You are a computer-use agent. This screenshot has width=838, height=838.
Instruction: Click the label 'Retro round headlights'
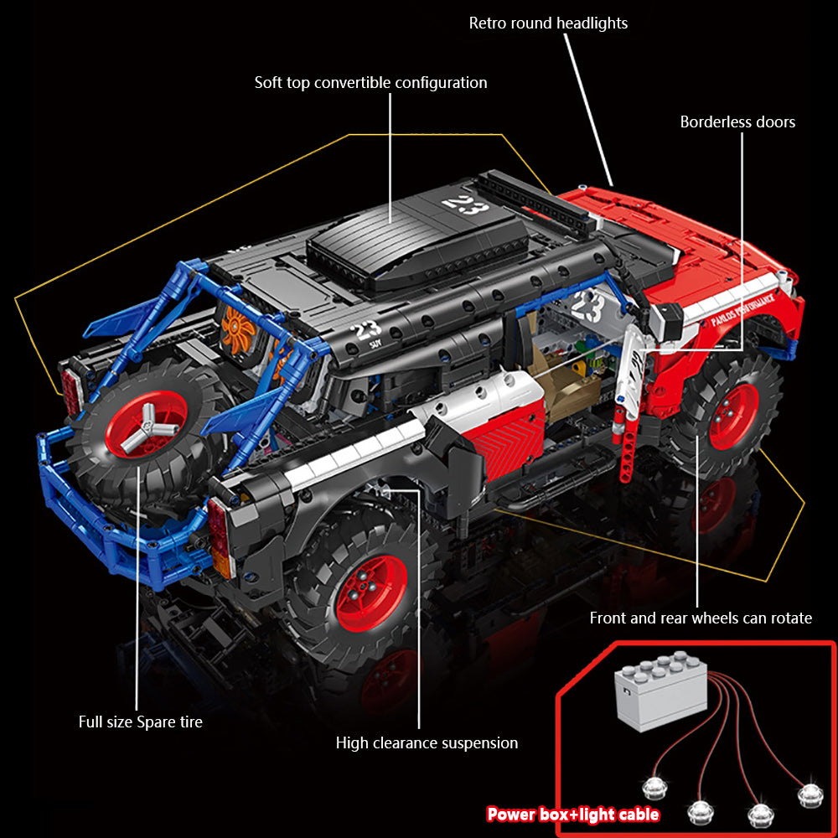click(548, 23)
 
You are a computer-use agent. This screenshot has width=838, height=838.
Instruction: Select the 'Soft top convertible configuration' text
click(370, 83)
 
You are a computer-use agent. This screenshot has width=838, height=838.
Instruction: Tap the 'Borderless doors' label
click(737, 122)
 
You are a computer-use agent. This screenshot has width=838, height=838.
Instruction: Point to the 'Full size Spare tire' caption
click(141, 722)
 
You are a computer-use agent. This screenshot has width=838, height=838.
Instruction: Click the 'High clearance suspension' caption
click(427, 742)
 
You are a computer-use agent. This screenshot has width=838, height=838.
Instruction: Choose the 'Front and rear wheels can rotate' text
click(701, 618)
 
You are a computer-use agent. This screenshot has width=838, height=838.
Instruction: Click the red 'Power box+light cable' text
click(572, 814)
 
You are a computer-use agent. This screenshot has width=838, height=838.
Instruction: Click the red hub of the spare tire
click(145, 424)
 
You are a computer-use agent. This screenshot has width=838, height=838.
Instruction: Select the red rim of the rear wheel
click(371, 593)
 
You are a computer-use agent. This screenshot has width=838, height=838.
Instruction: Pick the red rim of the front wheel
click(733, 416)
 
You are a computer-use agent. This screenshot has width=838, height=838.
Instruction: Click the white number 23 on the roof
click(465, 205)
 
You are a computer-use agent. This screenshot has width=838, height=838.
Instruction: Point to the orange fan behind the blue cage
click(237, 329)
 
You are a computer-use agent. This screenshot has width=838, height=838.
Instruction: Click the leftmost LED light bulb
click(654, 789)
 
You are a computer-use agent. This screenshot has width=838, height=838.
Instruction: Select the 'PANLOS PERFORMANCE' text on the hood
click(742, 309)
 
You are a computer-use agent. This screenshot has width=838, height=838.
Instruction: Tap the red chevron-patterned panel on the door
click(508, 439)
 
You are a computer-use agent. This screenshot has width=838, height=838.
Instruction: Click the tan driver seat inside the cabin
click(566, 383)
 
